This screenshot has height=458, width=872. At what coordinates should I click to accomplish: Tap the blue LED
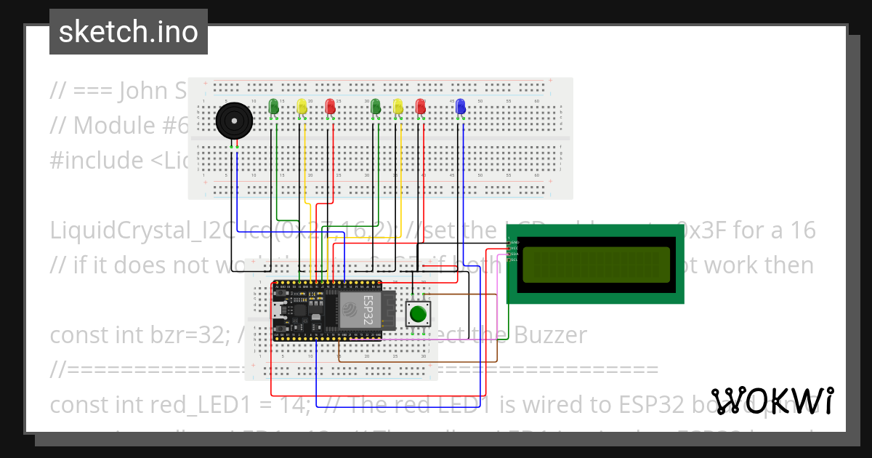pos(459,107)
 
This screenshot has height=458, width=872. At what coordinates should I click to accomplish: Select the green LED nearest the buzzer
pos(273,107)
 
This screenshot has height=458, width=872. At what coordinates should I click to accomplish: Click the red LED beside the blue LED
pos(420,107)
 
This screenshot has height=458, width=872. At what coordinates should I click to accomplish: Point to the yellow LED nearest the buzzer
pos(302,108)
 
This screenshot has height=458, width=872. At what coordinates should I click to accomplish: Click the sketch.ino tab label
pos(128,32)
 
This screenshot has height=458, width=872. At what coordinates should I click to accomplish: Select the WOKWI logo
pos(772,401)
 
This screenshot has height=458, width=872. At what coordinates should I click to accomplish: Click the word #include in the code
pos(95,160)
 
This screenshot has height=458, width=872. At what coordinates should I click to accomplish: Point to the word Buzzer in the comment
pos(549,334)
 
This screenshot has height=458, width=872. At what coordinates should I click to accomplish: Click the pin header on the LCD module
pos(513,250)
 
